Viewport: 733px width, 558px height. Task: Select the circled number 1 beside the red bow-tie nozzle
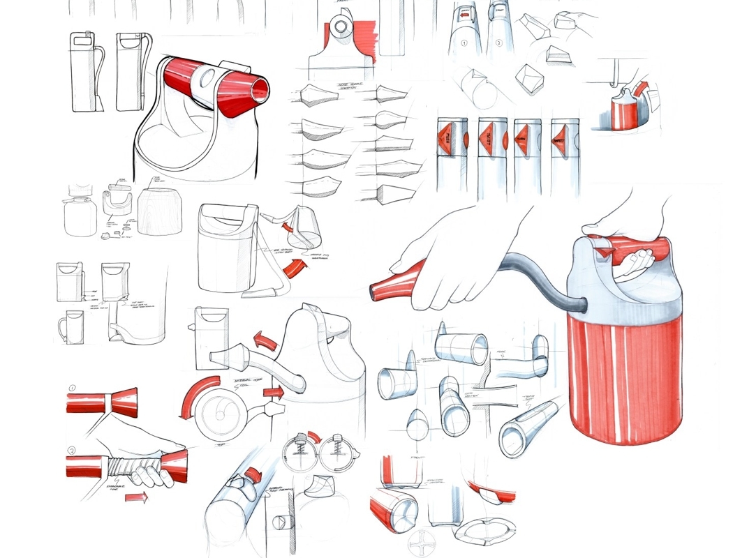pyautogui.click(x=73, y=388)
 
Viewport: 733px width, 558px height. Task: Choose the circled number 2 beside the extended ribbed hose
pyautogui.click(x=73, y=450)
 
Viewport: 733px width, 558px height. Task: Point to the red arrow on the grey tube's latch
pyautogui.click(x=253, y=475)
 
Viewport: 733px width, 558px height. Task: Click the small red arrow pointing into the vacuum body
pyautogui.click(x=274, y=393)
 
